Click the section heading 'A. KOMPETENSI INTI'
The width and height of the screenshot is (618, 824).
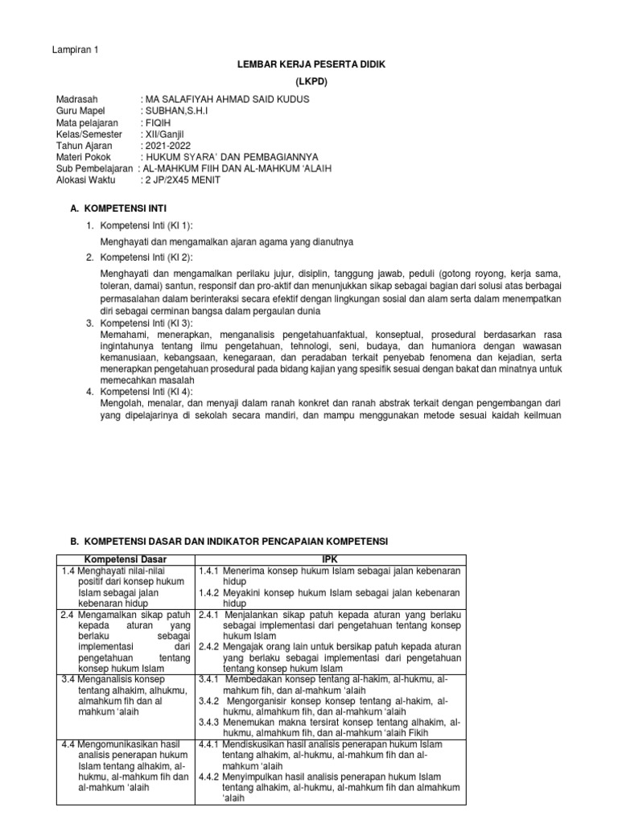coord(118,208)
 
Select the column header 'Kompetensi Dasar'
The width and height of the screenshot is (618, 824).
coord(125,558)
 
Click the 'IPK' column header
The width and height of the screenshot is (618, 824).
coord(332,558)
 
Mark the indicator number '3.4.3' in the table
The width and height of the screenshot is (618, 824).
coord(209,722)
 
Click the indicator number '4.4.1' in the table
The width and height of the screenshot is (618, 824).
coord(209,744)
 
